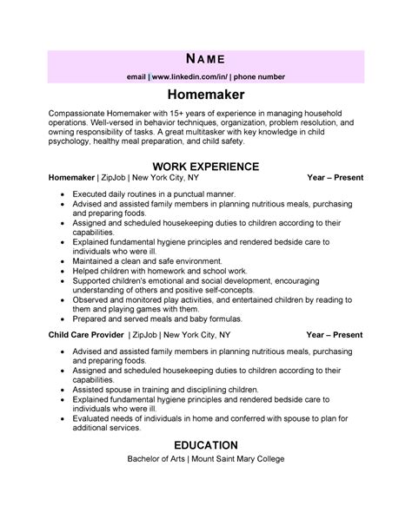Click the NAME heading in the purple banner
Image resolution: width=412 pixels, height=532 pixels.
click(x=205, y=59)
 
